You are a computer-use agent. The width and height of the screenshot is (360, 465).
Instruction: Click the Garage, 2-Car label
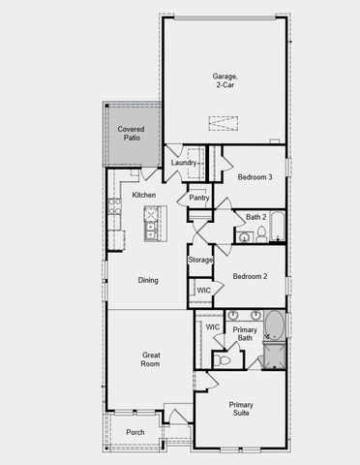[x=225, y=80]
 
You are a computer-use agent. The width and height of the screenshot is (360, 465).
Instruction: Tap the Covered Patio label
[x=131, y=134]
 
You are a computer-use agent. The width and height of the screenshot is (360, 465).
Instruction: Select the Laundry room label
[x=185, y=163]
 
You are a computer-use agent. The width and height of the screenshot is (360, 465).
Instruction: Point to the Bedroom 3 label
[x=255, y=176]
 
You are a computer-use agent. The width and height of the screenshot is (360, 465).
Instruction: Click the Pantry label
[x=199, y=198]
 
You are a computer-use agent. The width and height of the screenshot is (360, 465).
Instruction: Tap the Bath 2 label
[x=255, y=217]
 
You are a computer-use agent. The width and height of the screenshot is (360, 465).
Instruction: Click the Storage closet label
[x=200, y=260]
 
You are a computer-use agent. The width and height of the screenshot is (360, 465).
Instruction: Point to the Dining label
[x=148, y=280]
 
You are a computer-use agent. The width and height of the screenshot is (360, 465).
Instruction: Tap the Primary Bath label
[x=245, y=334]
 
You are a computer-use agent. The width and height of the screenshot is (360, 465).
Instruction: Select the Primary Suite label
[x=240, y=408]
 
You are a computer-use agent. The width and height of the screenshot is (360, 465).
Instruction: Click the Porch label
[x=136, y=432]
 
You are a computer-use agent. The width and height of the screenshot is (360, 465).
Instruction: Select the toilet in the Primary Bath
[x=225, y=359]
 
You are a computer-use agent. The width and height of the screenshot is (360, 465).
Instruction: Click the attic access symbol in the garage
[x=223, y=123]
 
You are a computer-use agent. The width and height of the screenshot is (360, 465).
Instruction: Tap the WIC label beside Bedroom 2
[x=203, y=291]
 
